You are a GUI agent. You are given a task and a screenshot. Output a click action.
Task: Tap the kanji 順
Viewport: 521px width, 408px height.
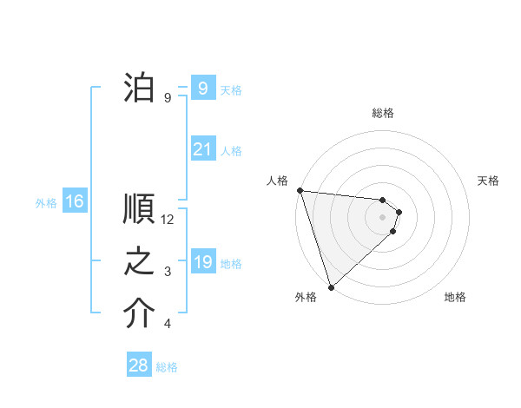pyautogui.click(x=139, y=209)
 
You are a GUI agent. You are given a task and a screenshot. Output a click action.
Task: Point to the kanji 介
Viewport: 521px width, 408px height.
pyautogui.click(x=139, y=313)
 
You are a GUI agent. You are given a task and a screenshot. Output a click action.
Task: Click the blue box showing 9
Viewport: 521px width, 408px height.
pyautogui.click(x=202, y=88)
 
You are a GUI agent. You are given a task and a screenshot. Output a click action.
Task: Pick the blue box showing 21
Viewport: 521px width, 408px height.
pyautogui.click(x=202, y=149)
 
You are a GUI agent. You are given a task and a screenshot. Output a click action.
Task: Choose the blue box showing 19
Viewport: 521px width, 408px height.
pyautogui.click(x=202, y=261)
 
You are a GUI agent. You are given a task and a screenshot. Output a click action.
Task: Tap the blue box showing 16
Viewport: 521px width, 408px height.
pyautogui.click(x=75, y=201)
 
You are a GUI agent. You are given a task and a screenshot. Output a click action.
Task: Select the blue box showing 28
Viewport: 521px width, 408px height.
pyautogui.click(x=139, y=365)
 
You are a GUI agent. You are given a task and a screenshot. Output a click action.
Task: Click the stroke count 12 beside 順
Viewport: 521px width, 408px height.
pyautogui.click(x=168, y=220)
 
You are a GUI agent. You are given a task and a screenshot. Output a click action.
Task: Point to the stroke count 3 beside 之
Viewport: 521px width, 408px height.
pyautogui.click(x=168, y=272)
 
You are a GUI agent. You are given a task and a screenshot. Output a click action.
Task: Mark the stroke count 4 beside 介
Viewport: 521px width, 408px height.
pyautogui.click(x=168, y=324)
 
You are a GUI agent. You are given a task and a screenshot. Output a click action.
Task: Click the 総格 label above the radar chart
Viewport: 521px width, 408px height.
pyautogui.click(x=383, y=113)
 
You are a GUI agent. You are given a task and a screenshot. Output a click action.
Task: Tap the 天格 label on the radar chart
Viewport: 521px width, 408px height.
pyautogui.click(x=488, y=181)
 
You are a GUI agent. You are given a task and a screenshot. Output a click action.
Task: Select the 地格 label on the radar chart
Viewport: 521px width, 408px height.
pyautogui.click(x=455, y=297)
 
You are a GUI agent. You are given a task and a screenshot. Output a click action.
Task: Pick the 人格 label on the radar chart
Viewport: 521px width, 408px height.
pyautogui.click(x=277, y=181)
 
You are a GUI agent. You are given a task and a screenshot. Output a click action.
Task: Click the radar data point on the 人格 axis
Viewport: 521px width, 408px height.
pyautogui.click(x=300, y=190)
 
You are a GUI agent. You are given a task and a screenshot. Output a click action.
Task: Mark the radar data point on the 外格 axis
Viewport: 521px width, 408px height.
pyautogui.click(x=331, y=286)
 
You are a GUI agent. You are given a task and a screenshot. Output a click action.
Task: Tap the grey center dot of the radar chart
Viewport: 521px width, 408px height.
pyautogui.click(x=383, y=217)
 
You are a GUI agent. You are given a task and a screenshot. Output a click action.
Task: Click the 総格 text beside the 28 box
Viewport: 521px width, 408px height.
pyautogui.click(x=168, y=366)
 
